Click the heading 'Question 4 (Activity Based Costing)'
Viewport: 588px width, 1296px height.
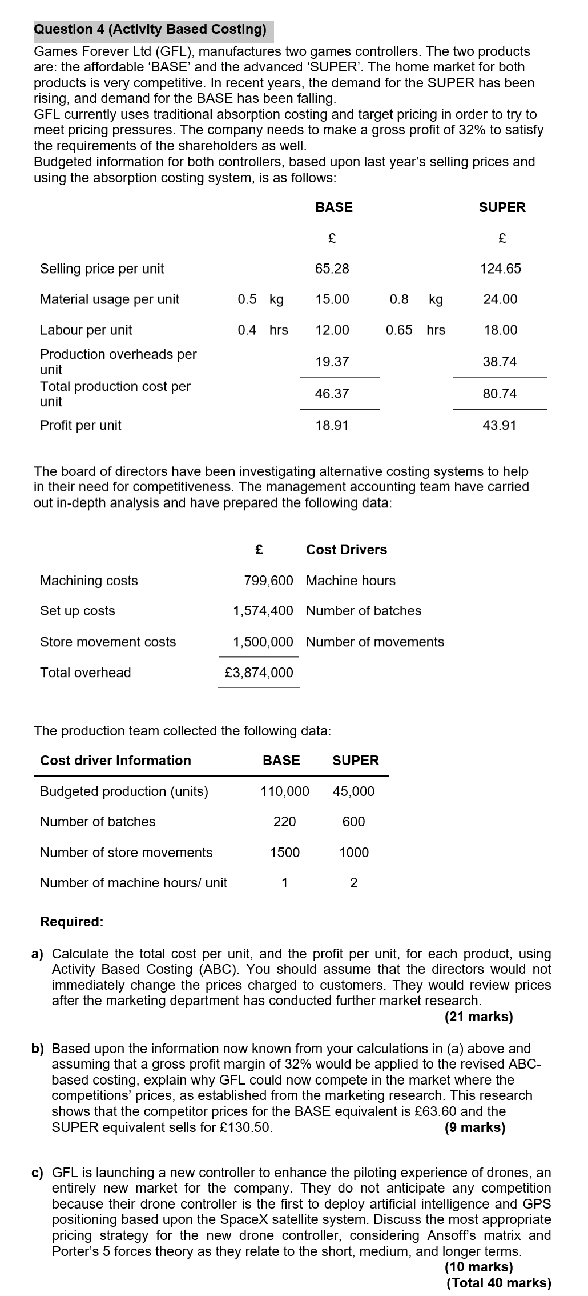(x=150, y=30)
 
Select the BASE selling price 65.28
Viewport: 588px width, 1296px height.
(x=332, y=269)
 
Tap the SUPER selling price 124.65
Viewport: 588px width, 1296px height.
(x=500, y=269)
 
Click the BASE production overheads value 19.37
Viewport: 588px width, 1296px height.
(x=332, y=362)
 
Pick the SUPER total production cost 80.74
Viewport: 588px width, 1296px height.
(x=500, y=394)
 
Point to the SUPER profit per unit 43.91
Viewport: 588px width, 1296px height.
(x=500, y=425)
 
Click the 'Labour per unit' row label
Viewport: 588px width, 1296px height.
(x=86, y=330)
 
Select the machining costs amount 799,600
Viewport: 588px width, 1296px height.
(x=268, y=581)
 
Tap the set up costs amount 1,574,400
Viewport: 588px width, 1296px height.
(x=263, y=611)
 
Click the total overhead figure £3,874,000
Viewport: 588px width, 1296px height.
(x=259, y=673)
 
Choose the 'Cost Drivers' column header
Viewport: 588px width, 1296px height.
(x=346, y=550)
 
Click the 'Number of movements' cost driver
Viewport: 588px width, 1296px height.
(x=374, y=642)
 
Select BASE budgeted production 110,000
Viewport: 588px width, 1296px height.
(x=284, y=791)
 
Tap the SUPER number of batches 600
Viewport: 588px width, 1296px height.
(x=353, y=822)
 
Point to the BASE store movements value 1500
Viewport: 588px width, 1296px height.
(x=284, y=853)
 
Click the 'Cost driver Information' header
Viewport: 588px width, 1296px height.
(x=115, y=761)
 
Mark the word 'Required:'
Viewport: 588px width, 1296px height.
(x=72, y=922)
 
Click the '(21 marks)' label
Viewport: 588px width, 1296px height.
(x=478, y=1017)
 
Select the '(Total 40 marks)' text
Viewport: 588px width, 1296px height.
(x=499, y=1283)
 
